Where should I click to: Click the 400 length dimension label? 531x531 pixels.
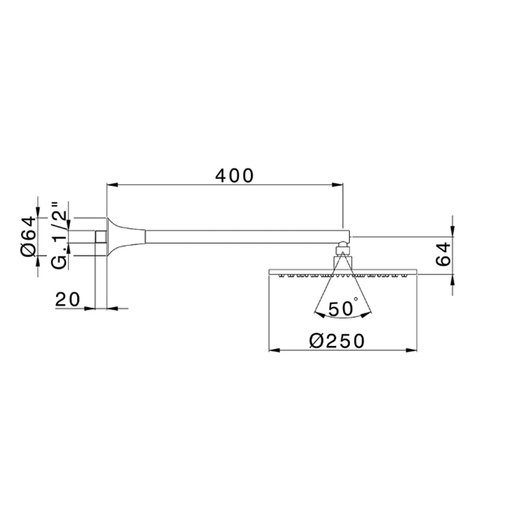pyautogui.click(x=234, y=176)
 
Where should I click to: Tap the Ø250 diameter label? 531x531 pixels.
pyautogui.click(x=337, y=341)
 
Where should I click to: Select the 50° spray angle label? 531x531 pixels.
pyautogui.click(x=343, y=308)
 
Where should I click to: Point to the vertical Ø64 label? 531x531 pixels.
pyautogui.click(x=28, y=236)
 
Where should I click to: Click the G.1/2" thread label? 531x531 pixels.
pyautogui.click(x=59, y=236)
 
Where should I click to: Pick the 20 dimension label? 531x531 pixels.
pyautogui.click(x=68, y=300)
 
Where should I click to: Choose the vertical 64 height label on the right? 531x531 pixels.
pyautogui.click(x=443, y=253)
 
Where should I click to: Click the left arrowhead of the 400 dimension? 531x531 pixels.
pyautogui.click(x=112, y=184)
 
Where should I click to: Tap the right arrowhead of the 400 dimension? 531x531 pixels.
pyautogui.click(x=338, y=184)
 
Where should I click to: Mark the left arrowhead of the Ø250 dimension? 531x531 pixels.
pyautogui.click(x=275, y=350)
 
